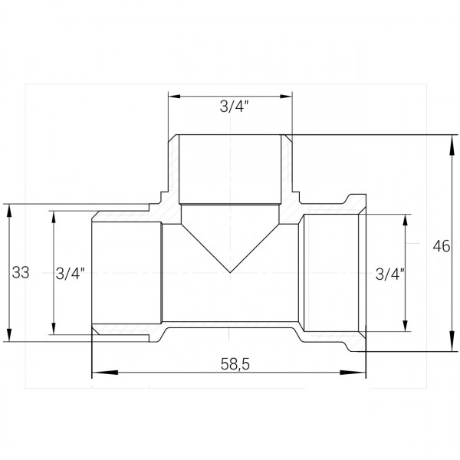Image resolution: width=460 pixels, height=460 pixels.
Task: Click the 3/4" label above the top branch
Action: point(230,108)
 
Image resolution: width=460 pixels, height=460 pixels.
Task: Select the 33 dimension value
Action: point(21,271)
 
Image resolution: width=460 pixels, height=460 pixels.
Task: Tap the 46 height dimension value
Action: point(440,246)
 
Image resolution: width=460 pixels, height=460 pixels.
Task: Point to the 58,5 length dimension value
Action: point(230,364)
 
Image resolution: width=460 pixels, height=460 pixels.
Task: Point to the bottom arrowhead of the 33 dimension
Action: point(8,337)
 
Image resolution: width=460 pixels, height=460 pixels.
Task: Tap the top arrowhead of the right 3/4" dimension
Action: point(406,219)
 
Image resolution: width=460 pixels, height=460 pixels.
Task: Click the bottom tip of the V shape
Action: point(230,272)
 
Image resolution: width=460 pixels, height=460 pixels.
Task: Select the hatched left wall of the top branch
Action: point(173,169)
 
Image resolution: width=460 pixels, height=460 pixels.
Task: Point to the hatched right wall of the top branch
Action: point(287,169)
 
